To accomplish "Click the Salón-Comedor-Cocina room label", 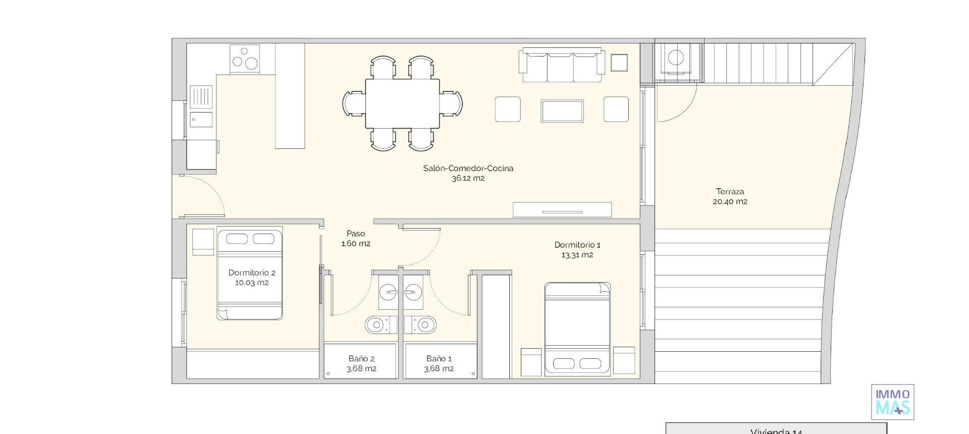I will (468, 169).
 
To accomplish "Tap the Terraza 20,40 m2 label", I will (730, 196).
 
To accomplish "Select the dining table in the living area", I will (402, 103).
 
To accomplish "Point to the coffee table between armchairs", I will (562, 111).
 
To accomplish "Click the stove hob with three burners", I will (245, 59).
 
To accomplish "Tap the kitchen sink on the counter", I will (201, 120).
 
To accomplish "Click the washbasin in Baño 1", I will (413, 292).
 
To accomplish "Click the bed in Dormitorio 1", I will (577, 329).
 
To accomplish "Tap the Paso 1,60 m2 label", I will (356, 238).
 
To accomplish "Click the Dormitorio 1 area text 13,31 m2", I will (577, 255).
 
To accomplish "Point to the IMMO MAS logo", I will (892, 402).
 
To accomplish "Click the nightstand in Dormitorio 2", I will (203, 242).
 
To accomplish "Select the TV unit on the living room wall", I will (562, 209).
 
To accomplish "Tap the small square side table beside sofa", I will (619, 63).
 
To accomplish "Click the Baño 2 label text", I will (361, 359).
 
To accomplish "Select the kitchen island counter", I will (290, 96).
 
